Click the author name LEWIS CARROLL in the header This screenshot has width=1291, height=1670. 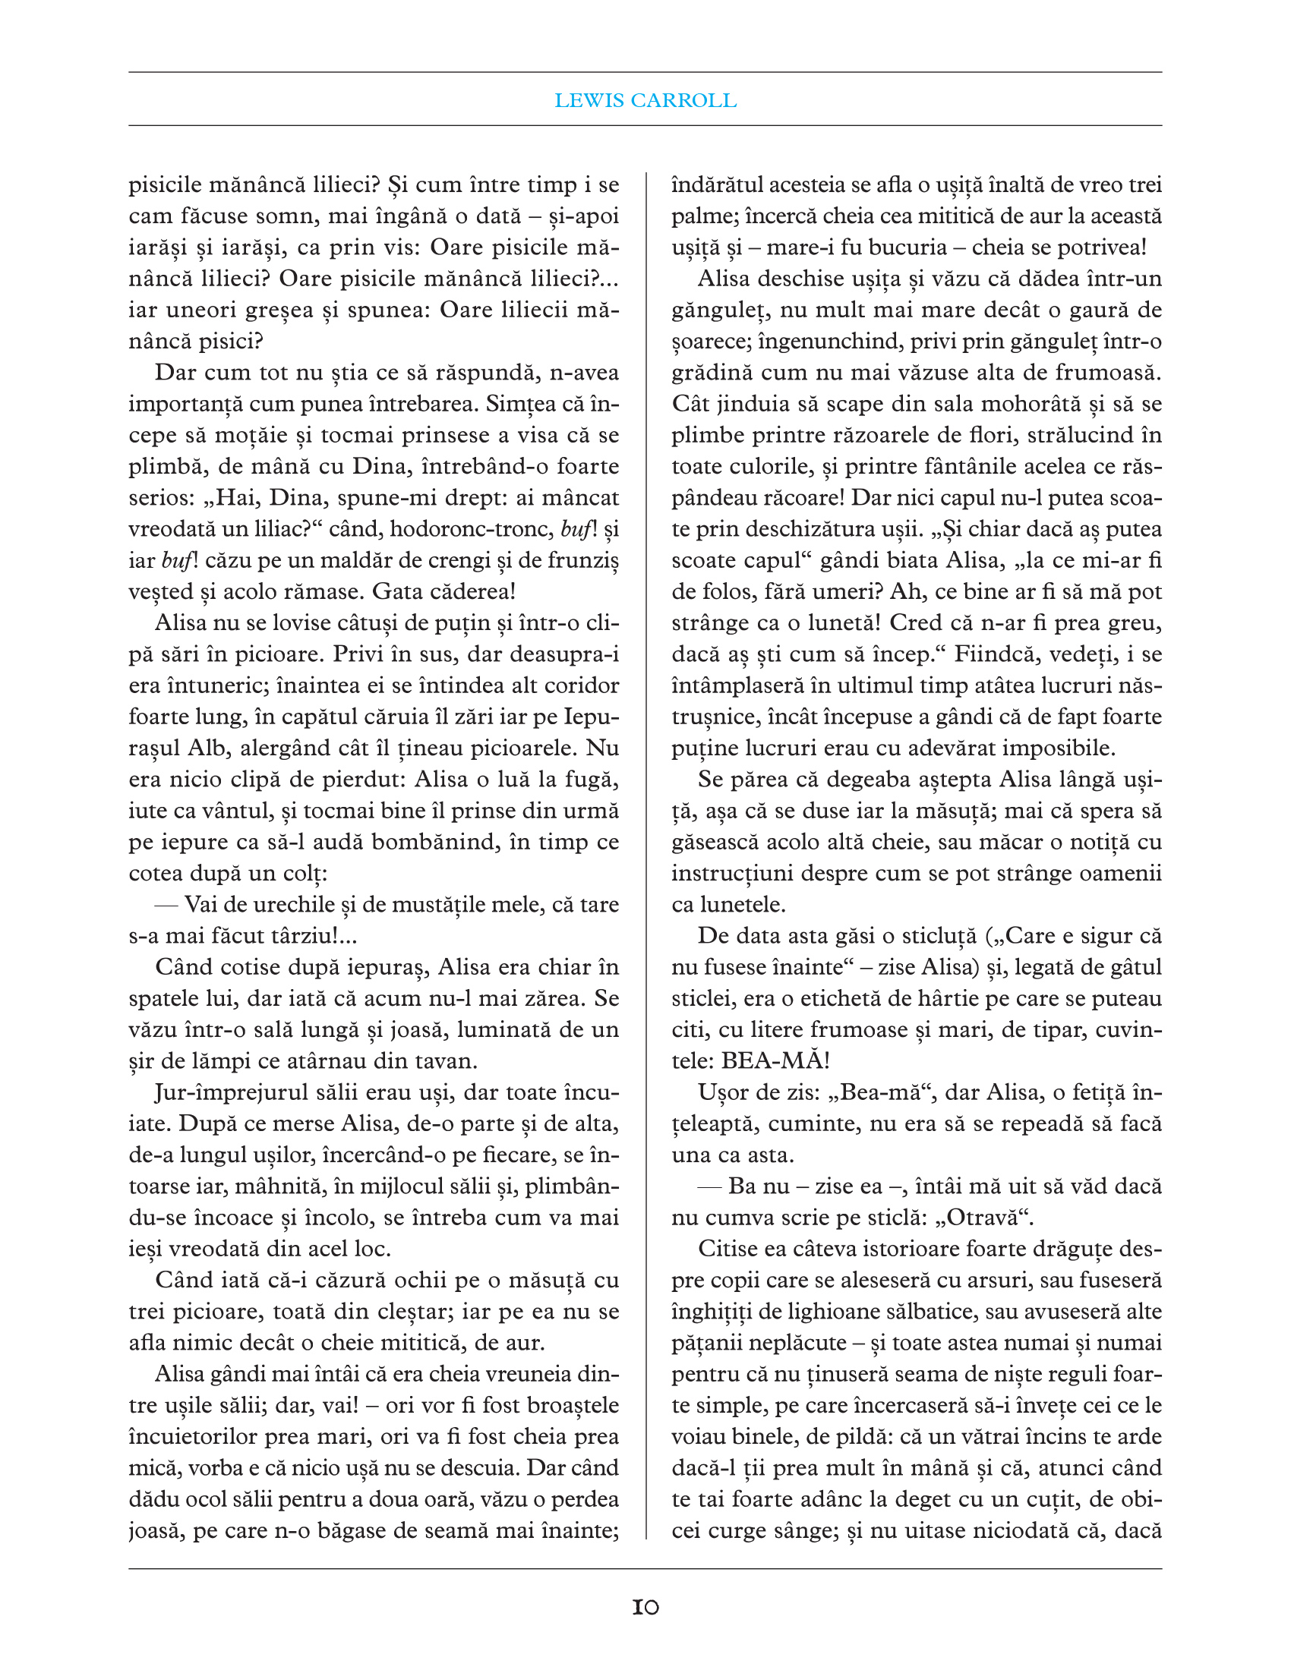(x=645, y=100)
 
